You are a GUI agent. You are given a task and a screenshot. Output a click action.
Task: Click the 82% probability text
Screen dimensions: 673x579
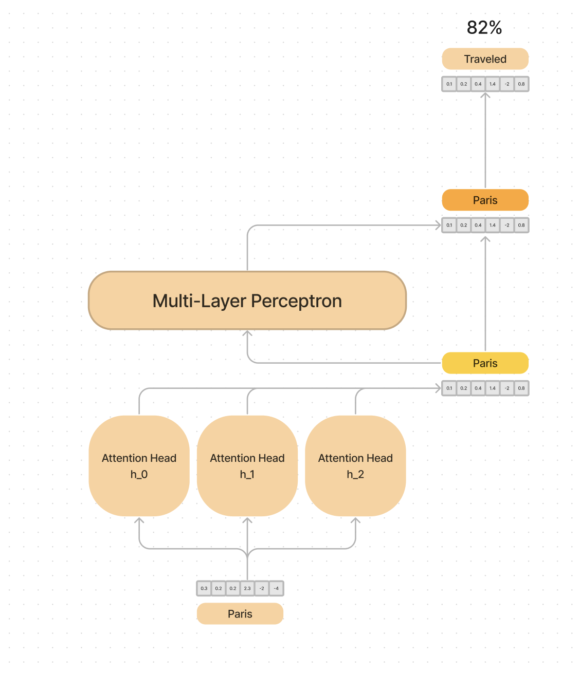484,28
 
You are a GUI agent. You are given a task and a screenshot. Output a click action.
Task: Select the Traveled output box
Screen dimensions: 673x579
485,59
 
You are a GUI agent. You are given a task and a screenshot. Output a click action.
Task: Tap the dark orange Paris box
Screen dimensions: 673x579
485,200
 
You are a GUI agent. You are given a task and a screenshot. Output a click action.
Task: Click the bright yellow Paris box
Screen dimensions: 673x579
485,363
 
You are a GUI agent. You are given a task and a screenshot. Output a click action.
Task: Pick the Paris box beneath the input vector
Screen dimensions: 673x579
240,614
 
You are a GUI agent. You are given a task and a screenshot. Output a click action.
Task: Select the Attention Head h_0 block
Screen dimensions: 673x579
139,466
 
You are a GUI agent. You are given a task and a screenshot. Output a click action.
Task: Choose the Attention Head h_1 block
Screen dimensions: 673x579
247,466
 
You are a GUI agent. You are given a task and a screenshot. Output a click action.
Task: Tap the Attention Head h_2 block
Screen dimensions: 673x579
355,466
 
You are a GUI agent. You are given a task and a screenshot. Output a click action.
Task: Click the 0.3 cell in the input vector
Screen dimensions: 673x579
204,588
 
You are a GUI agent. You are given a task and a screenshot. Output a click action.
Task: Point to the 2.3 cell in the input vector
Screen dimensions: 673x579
247,588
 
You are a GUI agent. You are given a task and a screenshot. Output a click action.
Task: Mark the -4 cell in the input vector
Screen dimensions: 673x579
276,588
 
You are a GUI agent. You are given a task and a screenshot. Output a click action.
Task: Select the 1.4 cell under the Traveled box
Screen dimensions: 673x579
493,84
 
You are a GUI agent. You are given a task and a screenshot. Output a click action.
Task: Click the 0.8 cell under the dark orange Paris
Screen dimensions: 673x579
521,225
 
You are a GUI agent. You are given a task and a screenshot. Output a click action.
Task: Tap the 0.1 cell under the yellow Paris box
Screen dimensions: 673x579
449,388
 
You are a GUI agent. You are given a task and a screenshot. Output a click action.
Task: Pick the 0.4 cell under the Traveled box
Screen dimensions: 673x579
478,84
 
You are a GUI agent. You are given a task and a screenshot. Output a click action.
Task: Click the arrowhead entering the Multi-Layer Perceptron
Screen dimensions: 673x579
247,334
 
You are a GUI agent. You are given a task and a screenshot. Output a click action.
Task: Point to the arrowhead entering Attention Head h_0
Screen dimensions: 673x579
139,521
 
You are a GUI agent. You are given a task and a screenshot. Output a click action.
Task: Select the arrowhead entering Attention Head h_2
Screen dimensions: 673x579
355,521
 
